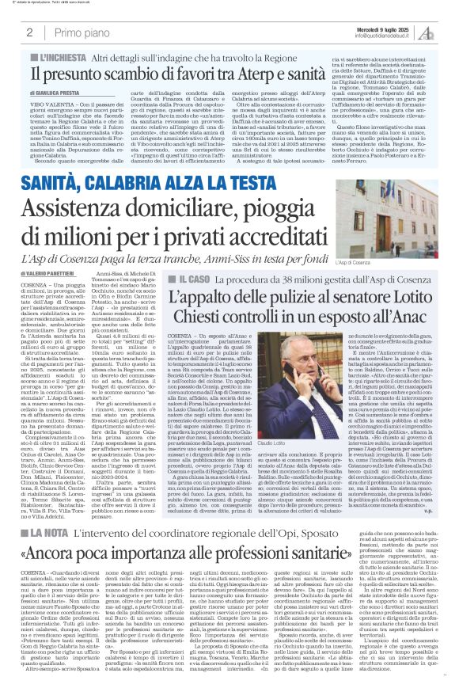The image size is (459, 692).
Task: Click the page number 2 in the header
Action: [29, 32]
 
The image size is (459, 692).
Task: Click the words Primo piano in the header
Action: [79, 32]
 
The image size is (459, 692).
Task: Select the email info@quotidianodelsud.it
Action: [381, 36]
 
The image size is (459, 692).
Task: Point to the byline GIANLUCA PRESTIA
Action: [59, 93]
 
